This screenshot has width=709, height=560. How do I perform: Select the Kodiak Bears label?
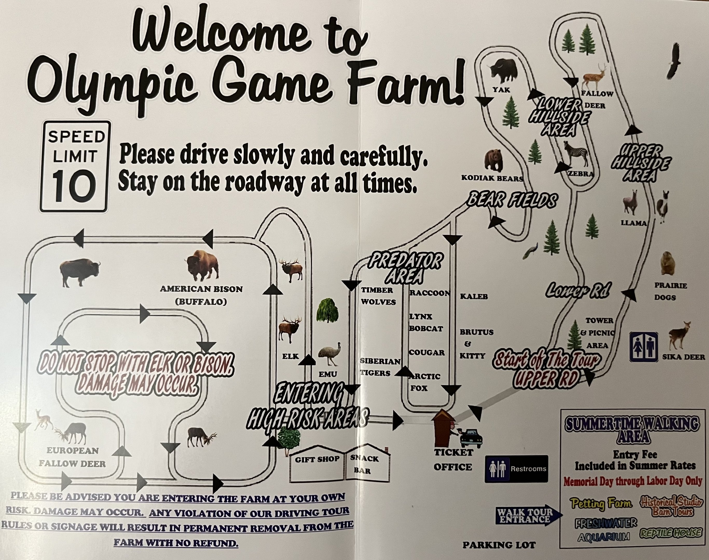tap(492, 178)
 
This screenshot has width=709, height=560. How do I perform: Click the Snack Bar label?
tap(364, 464)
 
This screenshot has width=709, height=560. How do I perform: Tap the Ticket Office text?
tap(453, 460)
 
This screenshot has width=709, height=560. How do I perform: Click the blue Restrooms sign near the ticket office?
tap(516, 468)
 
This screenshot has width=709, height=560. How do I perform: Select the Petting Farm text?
tap(601, 503)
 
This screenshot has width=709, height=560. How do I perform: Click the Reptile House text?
tap(671, 533)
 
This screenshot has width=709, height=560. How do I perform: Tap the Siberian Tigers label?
tap(380, 367)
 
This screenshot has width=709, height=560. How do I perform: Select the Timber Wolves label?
tap(378, 296)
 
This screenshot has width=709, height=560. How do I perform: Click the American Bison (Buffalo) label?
tap(201, 295)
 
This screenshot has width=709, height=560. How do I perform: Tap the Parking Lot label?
tap(499, 545)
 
